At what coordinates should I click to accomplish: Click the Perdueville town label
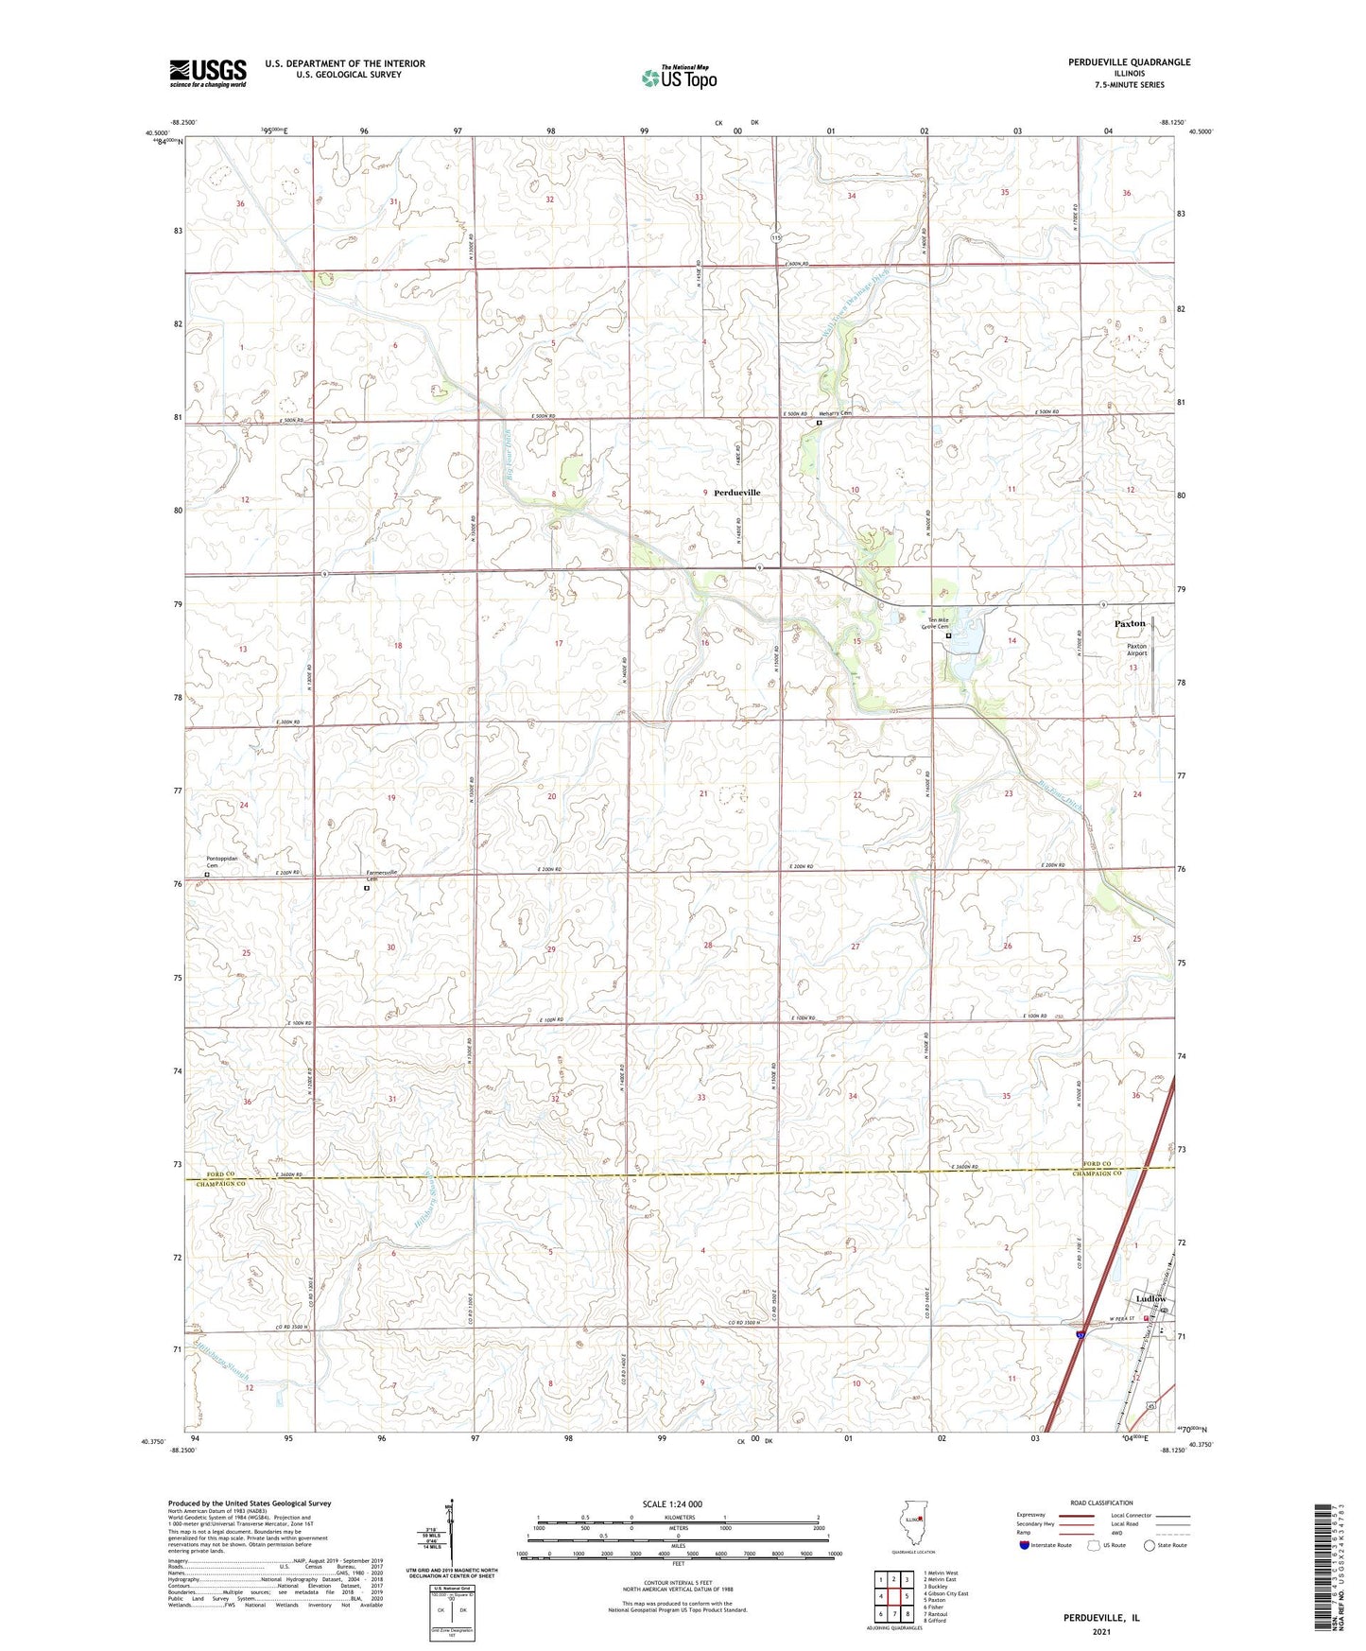pyautogui.click(x=736, y=493)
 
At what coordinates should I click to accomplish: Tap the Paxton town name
pyautogui.click(x=1130, y=624)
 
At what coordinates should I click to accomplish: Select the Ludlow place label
pyautogui.click(x=1150, y=1299)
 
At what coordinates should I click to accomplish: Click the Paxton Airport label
pyautogui.click(x=1136, y=650)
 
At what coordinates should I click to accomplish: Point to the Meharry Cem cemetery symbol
pyautogui.click(x=820, y=424)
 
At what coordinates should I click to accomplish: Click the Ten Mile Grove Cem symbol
pyautogui.click(x=948, y=636)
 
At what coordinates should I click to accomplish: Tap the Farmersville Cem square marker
pyautogui.click(x=367, y=888)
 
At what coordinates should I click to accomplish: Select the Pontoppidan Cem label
pyautogui.click(x=218, y=861)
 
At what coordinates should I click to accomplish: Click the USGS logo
pyautogui.click(x=208, y=72)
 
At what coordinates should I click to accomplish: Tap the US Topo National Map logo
pyautogui.click(x=678, y=77)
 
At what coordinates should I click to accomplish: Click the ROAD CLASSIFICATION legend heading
pyautogui.click(x=1100, y=1503)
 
